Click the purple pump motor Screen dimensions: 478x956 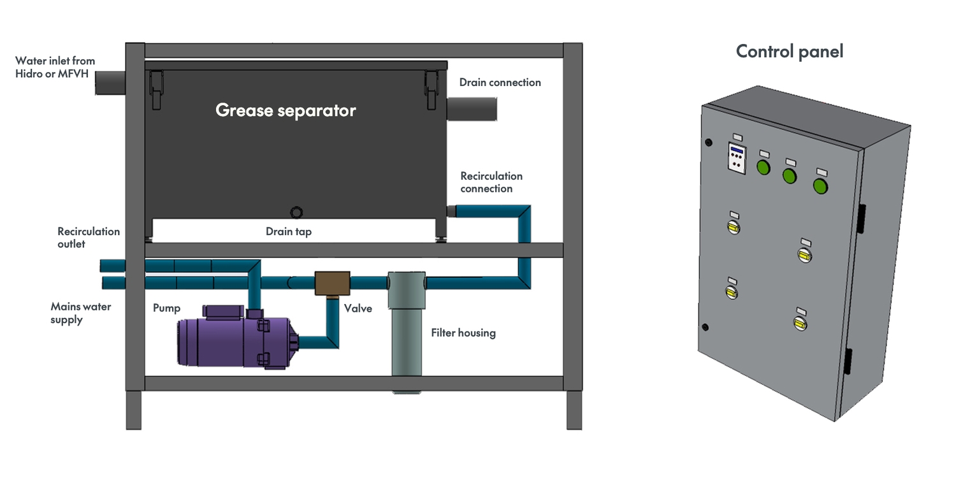(x=229, y=343)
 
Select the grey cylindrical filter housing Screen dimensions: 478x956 (x=407, y=325)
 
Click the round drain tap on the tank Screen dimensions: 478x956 (x=296, y=212)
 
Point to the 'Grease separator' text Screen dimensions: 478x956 (x=286, y=110)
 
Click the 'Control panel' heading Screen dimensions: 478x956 (x=789, y=51)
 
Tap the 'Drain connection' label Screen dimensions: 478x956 (x=500, y=82)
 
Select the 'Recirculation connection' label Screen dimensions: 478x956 (x=491, y=182)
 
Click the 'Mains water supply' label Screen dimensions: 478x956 (x=80, y=313)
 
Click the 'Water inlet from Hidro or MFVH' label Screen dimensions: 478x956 (x=55, y=67)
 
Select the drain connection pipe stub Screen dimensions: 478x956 (x=472, y=109)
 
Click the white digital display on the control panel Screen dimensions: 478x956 (x=737, y=157)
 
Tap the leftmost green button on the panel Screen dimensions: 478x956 (x=763, y=167)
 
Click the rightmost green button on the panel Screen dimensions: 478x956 (x=820, y=186)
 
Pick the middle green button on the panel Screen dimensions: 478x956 (x=790, y=175)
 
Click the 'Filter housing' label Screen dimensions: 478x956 (x=463, y=333)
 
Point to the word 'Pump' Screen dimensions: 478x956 (x=166, y=308)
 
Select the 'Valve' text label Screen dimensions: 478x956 (x=358, y=308)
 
